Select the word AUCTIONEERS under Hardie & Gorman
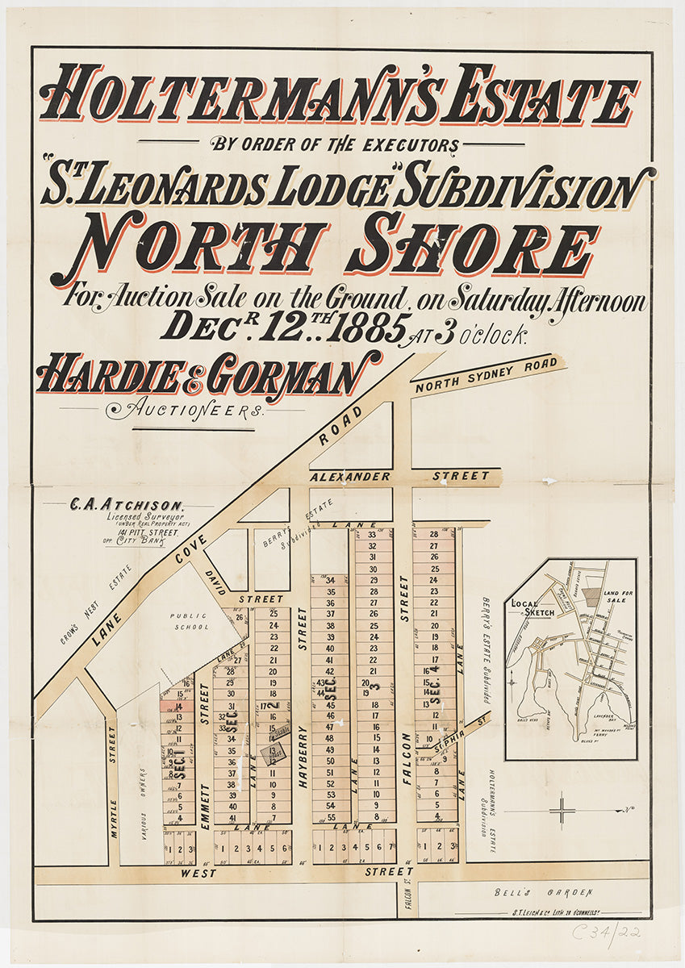pyautogui.click(x=187, y=411)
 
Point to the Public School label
pyautogui.click(x=190, y=620)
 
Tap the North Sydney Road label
pyautogui.click(x=486, y=375)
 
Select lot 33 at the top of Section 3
pyautogui.click(x=372, y=535)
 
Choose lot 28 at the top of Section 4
pyautogui.click(x=433, y=534)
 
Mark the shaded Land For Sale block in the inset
pyautogui.click(x=592, y=597)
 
